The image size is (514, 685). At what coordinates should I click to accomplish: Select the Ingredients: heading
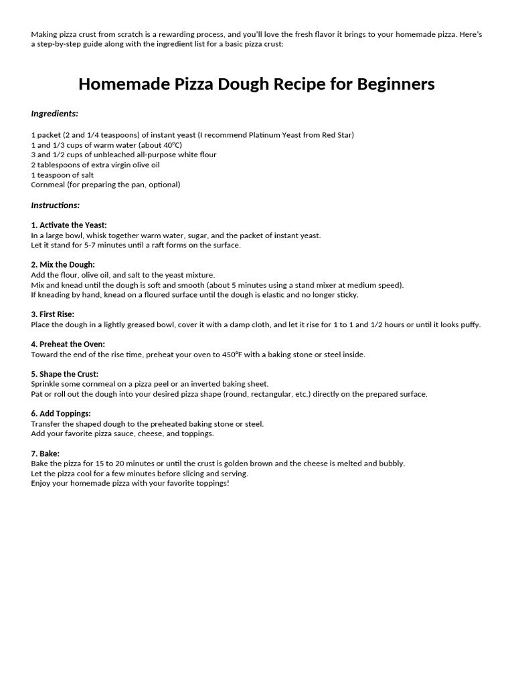pyautogui.click(x=54, y=114)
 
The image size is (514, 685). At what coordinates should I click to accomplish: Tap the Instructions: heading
pyautogui.click(x=55, y=205)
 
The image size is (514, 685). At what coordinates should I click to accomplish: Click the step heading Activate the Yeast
pyautogui.click(x=73, y=225)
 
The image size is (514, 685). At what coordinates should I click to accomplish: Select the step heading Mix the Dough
pyautogui.click(x=67, y=265)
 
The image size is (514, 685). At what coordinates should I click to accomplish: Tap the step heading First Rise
pyautogui.click(x=56, y=314)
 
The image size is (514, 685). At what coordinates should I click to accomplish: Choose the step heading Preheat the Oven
pyautogui.click(x=72, y=345)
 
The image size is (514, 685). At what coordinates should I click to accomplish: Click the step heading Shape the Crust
pyautogui.click(x=69, y=374)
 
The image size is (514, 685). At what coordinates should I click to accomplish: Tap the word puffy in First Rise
pyautogui.click(x=469, y=325)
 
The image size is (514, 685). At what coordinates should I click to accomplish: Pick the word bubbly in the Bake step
pyautogui.click(x=392, y=464)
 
